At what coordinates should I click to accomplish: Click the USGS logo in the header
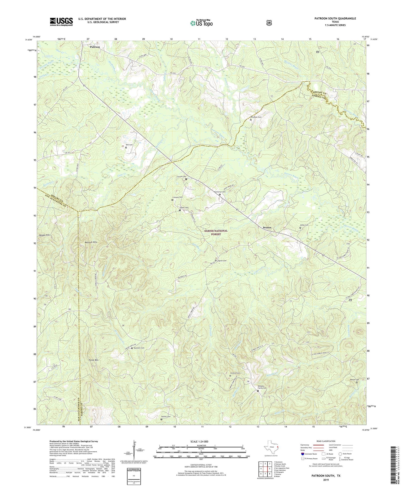[x=61, y=22]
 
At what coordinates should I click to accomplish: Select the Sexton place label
[x=267, y=228]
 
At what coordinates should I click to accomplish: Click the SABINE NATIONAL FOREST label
[x=216, y=232]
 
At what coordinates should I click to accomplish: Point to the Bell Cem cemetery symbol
[x=126, y=148]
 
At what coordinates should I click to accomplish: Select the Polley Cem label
[x=304, y=225]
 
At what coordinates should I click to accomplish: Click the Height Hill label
[x=44, y=235]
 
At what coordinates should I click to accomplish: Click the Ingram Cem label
[x=221, y=261]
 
